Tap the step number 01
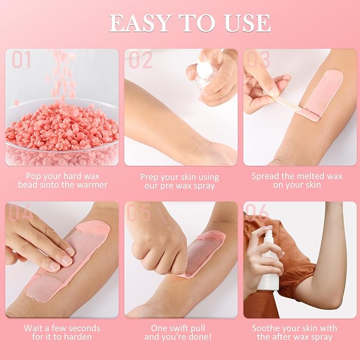(x=22, y=60)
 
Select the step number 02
(x=141, y=60)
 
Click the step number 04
(x=21, y=213)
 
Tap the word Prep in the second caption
(x=151, y=177)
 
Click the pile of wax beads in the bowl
(x=61, y=127)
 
